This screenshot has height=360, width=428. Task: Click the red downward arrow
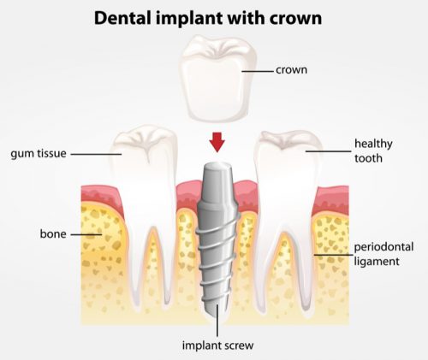point(217,142)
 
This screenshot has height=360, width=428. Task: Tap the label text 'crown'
point(291,70)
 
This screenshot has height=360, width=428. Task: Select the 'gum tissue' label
point(39,154)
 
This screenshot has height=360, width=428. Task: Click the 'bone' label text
point(53,233)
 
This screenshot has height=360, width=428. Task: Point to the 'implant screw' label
point(217,345)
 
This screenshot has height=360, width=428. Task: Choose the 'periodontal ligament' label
point(383,254)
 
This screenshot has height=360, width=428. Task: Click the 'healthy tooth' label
point(373,150)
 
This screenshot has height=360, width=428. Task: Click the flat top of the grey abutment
point(217,165)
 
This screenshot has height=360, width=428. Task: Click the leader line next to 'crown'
point(258,71)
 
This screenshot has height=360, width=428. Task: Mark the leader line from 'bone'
point(86,234)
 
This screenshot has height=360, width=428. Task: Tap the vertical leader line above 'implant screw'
point(217,320)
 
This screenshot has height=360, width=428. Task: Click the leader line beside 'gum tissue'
point(96,154)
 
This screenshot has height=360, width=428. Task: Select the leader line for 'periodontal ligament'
point(333,255)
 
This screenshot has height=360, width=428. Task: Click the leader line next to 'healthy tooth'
point(328,151)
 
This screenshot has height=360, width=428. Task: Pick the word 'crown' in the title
point(295,20)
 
